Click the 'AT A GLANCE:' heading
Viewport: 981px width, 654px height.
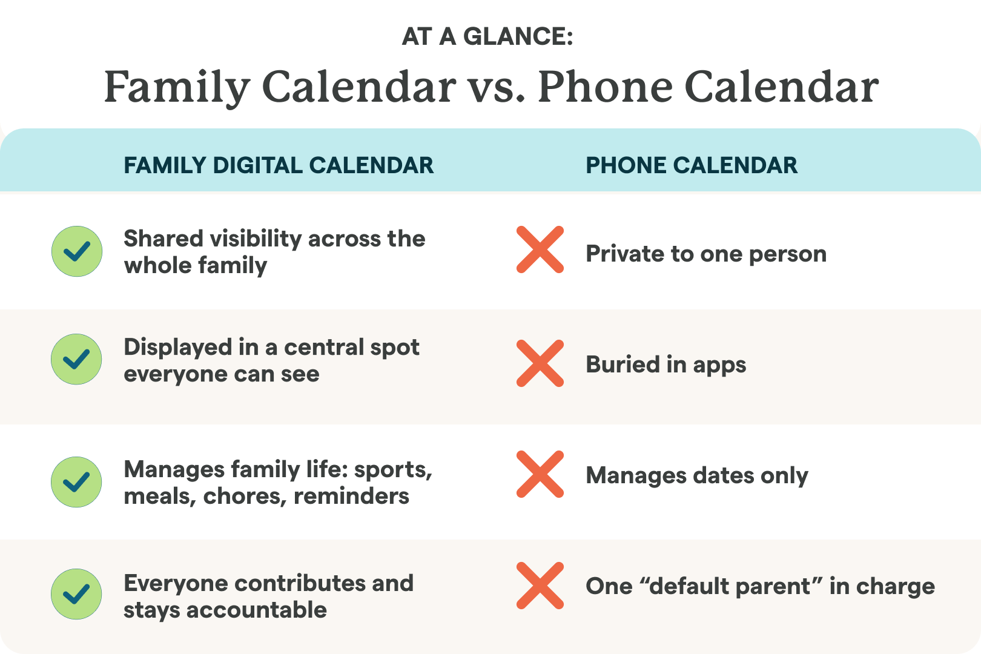click(x=487, y=36)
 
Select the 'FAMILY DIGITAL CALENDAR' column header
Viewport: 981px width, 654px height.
click(x=279, y=165)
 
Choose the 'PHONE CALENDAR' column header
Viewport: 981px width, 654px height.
click(x=692, y=165)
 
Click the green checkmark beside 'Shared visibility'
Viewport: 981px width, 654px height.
click(x=77, y=251)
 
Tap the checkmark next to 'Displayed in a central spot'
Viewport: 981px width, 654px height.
click(x=77, y=359)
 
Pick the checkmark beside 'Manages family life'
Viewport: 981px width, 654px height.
click(x=77, y=482)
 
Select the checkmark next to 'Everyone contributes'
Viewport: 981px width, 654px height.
click(x=77, y=594)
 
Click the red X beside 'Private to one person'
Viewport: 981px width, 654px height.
click(x=540, y=249)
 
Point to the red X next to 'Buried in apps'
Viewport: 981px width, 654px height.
click(x=540, y=363)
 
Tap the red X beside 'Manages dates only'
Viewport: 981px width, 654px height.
click(x=540, y=474)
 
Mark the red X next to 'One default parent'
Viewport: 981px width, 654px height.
click(x=540, y=586)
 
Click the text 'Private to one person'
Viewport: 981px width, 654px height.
click(x=706, y=254)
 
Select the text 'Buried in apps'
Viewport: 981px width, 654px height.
click(x=666, y=365)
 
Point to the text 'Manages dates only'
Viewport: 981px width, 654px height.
click(x=697, y=476)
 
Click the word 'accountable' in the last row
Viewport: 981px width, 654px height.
click(x=257, y=610)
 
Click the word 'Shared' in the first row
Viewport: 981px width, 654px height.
click(x=163, y=239)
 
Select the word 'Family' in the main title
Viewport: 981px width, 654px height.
click(x=177, y=88)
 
